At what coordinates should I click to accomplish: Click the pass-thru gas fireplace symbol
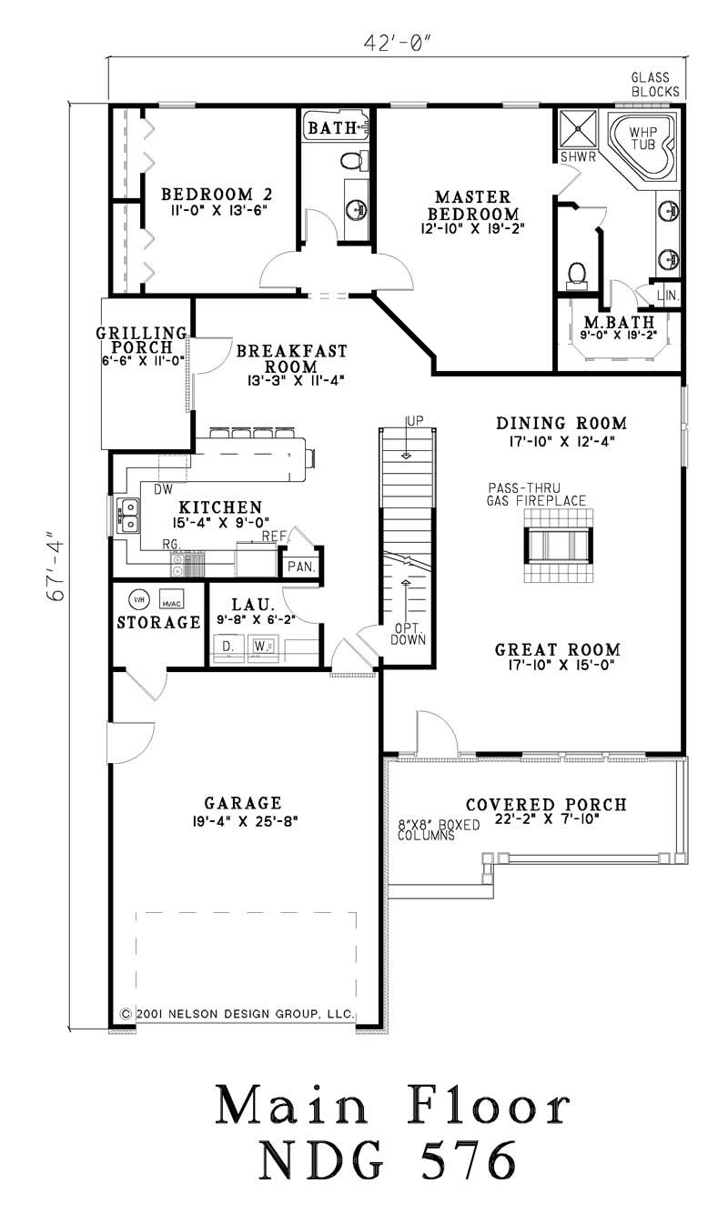(x=557, y=544)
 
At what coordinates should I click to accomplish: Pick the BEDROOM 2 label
(x=217, y=195)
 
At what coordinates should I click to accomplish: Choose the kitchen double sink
(x=127, y=516)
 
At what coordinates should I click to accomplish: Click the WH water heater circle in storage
(x=137, y=599)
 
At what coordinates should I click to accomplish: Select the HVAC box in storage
(x=172, y=602)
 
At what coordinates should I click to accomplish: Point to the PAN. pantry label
(x=301, y=566)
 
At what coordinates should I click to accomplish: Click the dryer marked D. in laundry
(x=227, y=647)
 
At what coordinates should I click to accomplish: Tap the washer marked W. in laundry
(x=263, y=647)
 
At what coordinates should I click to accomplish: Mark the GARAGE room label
(x=242, y=803)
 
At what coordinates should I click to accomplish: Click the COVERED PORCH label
(x=545, y=805)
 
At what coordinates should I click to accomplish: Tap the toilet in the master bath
(x=577, y=272)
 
